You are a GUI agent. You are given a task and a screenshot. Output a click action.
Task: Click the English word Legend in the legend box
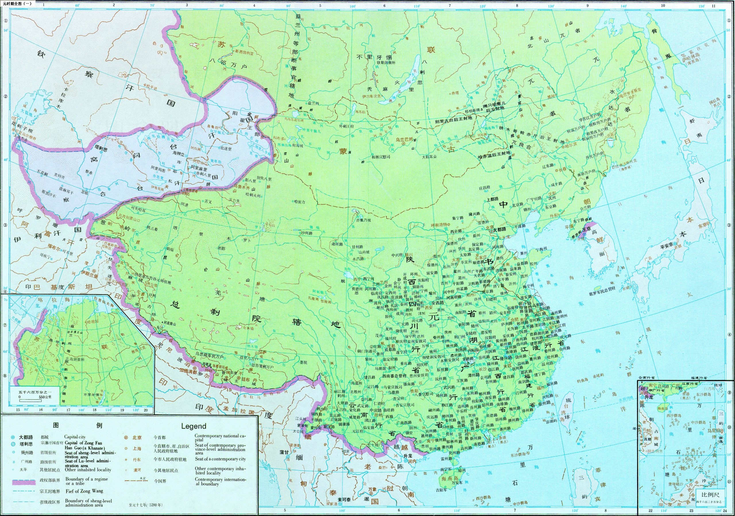pos(194,426)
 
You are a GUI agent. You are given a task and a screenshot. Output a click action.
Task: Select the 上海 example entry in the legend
pos(137,449)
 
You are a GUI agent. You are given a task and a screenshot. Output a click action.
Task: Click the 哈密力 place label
pos(300,202)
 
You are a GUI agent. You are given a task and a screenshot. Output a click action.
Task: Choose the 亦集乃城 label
pos(363,220)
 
